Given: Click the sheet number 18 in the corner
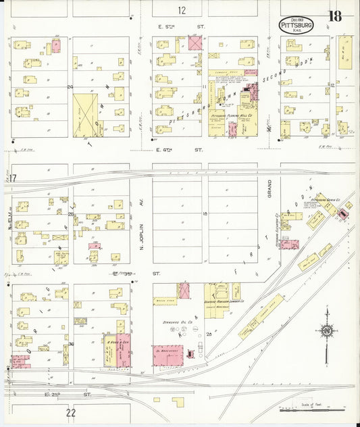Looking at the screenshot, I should coord(335,16).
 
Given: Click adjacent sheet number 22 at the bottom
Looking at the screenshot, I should coord(71,412).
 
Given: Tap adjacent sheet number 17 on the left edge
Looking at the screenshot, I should coord(12,178).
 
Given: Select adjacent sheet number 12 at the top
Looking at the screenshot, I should coord(182,9).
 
